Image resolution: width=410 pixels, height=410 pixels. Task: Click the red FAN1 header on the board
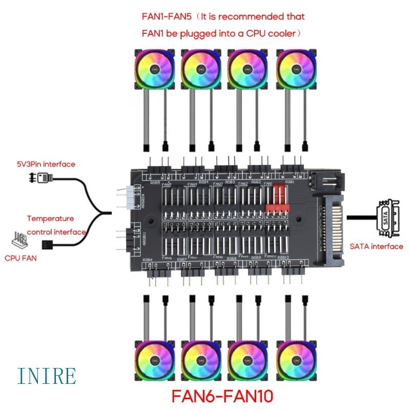[277, 198]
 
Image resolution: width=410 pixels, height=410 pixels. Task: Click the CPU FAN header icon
[19, 239]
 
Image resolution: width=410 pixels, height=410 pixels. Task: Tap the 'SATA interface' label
[376, 247]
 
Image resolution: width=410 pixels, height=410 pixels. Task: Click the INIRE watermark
[46, 376]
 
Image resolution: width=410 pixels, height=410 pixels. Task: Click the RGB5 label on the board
[154, 182]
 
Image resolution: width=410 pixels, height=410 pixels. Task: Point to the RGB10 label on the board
[283, 257]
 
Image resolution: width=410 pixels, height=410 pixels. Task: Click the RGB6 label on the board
[148, 260]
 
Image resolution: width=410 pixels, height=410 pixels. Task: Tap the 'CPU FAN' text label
[20, 258]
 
